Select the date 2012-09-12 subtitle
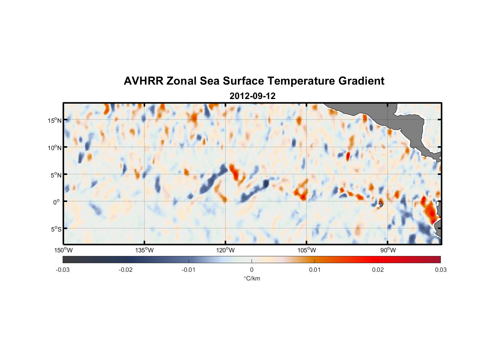pos(252,96)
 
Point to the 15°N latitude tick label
pos(55,120)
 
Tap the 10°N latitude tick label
pos(55,148)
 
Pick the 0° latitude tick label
pos(57,202)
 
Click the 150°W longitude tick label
pos(63,250)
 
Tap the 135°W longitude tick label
pos(145,250)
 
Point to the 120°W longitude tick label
pos(226,250)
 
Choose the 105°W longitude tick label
pos(307,250)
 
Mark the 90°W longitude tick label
pos(388,250)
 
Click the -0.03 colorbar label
pos(63,270)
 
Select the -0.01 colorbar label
pos(189,270)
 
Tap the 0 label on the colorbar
pos(252,270)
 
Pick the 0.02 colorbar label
pos(378,270)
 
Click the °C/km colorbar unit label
pos(252,278)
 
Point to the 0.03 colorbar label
pos(440,270)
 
